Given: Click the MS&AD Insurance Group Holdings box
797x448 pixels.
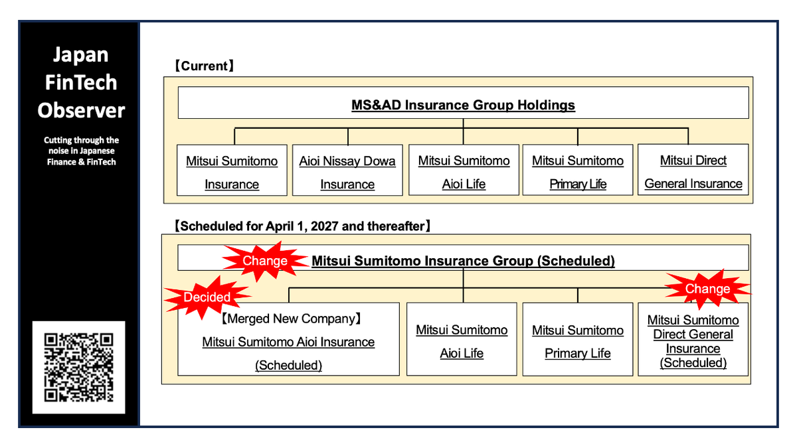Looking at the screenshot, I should click(x=463, y=105).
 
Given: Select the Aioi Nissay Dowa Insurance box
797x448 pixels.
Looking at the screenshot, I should click(x=347, y=172).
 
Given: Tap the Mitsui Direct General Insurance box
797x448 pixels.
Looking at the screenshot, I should click(x=693, y=171).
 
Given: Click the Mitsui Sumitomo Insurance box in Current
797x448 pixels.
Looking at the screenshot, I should click(x=232, y=172).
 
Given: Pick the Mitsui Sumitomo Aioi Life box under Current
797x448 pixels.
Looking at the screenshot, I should click(x=464, y=172).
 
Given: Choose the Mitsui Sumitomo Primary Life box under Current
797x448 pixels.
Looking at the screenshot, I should click(x=578, y=172).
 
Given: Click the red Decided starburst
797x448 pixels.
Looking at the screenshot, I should click(x=207, y=297).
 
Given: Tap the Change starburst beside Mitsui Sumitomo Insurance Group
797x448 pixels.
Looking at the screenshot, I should click(x=264, y=261).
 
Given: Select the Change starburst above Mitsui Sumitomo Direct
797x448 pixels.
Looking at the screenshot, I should click(x=707, y=289).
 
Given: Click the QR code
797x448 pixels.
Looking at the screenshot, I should click(x=78, y=367).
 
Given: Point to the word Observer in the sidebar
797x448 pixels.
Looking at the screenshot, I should click(x=81, y=110).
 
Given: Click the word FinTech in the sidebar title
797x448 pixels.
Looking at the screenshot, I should click(x=81, y=82).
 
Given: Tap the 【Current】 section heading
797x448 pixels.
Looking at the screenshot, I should click(x=204, y=66).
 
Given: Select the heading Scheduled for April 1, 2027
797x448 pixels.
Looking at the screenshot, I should click(x=302, y=226).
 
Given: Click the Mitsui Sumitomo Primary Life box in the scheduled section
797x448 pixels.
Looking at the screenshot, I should click(x=578, y=340).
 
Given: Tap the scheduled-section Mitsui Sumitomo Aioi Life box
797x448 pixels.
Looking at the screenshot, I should click(x=462, y=340).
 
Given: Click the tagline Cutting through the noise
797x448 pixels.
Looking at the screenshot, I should click(x=81, y=151).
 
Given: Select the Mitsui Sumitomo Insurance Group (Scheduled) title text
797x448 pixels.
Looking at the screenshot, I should click(x=463, y=261).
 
